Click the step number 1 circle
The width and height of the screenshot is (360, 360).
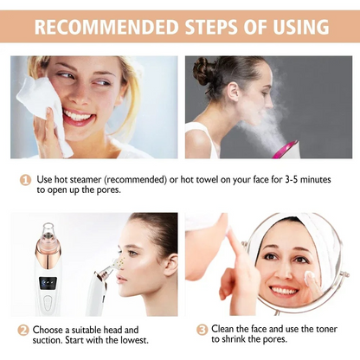27,179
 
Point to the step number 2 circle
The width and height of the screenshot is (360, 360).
23,330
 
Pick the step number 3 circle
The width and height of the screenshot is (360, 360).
202,330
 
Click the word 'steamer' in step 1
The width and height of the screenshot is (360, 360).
93,179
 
